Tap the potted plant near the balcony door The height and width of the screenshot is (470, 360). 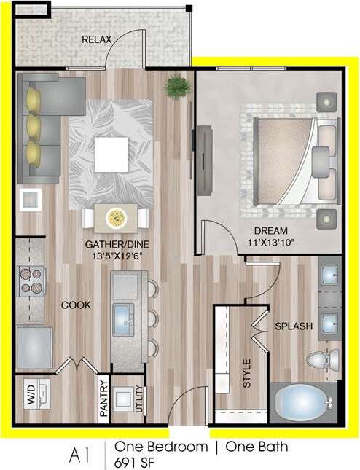pos(176,86)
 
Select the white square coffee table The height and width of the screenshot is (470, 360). pos(113,152)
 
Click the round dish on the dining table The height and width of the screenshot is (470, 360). pos(117,217)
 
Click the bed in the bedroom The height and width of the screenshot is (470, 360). pos(287,154)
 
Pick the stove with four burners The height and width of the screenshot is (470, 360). pos(31,280)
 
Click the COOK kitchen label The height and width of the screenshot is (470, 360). pos(76,305)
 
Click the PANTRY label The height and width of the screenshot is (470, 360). pos(103,399)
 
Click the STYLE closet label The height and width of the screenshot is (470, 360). pos(246,373)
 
